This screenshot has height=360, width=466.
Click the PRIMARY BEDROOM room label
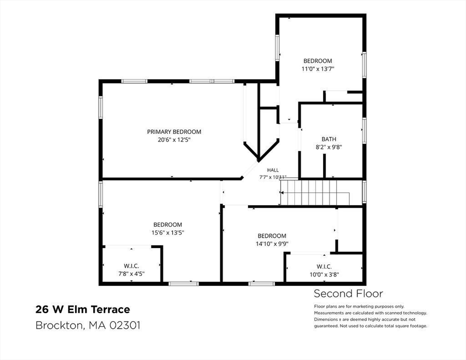(174, 132)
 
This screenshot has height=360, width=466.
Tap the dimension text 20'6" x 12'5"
(174, 140)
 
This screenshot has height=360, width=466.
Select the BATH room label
(329, 139)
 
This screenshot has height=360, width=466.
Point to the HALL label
(273, 170)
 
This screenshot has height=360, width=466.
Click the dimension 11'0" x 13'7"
(318, 69)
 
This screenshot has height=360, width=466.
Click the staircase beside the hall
(315, 192)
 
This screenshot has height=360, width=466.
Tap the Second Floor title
(348, 294)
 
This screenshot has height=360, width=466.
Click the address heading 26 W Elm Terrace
(83, 309)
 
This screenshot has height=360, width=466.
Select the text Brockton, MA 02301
(88, 325)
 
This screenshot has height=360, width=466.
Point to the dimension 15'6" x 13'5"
(168, 233)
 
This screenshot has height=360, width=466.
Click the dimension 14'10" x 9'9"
(272, 244)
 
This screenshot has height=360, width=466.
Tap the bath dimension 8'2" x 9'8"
(329, 147)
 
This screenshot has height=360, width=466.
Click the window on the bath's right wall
(364, 131)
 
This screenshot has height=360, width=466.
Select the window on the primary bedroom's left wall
(101, 108)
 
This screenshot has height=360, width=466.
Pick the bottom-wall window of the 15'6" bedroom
(183, 284)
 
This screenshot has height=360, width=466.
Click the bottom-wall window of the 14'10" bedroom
(262, 284)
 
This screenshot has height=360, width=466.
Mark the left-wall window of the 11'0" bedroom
(277, 48)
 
